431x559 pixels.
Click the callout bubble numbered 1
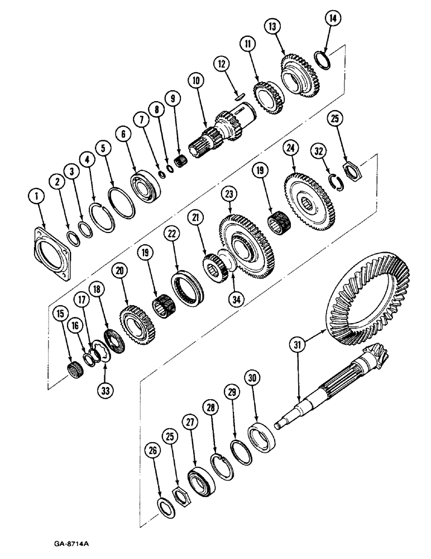point(36,196)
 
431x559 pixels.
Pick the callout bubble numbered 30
point(252,379)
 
